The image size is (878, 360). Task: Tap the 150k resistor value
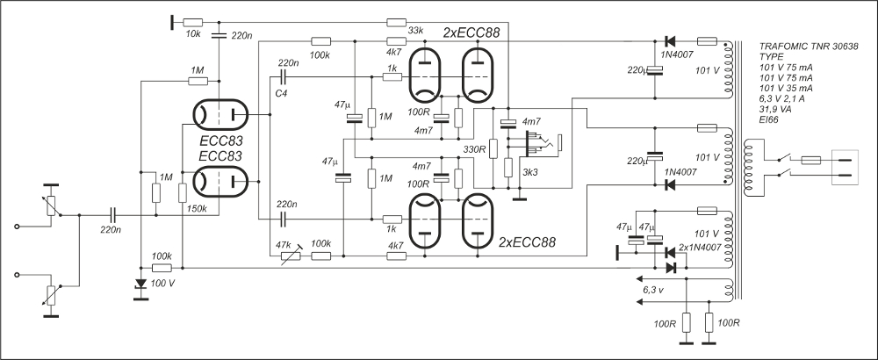click(198, 209)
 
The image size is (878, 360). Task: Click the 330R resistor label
click(473, 149)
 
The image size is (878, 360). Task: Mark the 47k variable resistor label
click(284, 242)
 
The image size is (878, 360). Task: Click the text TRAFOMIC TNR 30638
click(809, 46)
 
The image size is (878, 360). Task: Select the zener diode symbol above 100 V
click(140, 284)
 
